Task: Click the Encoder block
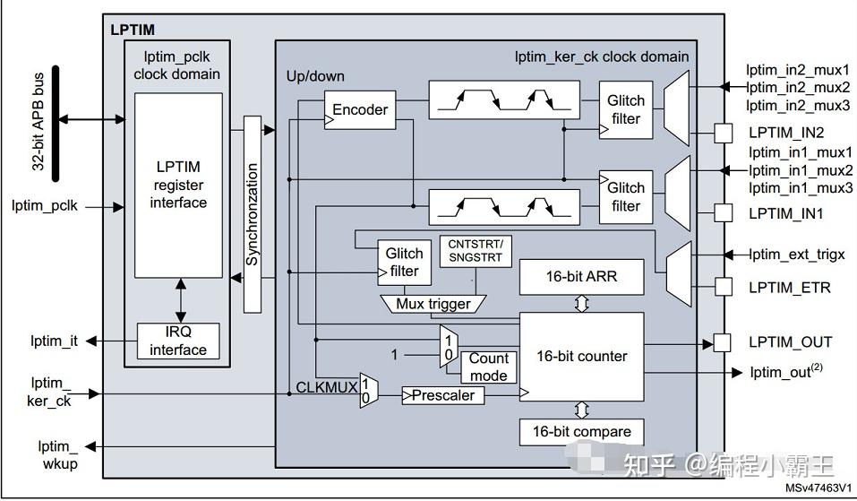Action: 360,110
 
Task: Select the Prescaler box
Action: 443,395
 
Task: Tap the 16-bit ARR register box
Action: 581,277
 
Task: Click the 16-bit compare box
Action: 581,432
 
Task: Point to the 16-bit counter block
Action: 581,357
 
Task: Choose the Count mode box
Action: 489,367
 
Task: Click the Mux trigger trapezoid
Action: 433,304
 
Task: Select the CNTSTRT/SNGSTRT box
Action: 476,252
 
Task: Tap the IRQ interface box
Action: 178,341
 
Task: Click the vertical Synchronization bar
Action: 252,214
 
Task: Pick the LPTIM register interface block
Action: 178,186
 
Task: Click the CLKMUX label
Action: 327,387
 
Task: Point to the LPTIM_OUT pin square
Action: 723,343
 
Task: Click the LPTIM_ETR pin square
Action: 723,287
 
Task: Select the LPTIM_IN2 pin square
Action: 723,133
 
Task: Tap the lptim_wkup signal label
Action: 59,455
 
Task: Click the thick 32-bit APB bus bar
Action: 56,124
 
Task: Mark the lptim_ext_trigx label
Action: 796,255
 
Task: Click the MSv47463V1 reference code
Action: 818,488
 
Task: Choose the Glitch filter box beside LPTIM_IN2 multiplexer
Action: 626,110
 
